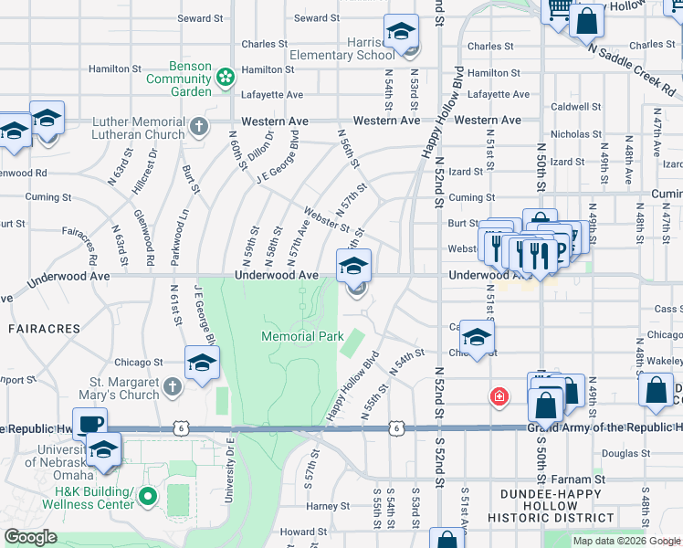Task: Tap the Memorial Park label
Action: pos(302,336)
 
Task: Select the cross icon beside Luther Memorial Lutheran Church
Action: pos(198,125)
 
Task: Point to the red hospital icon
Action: pos(499,396)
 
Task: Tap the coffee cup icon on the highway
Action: pos(90,424)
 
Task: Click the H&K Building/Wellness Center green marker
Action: pos(148,498)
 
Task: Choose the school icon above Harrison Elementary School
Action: pos(401,33)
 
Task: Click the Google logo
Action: pos(30,537)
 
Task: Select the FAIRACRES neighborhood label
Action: pos(35,326)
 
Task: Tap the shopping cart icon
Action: pos(559,10)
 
